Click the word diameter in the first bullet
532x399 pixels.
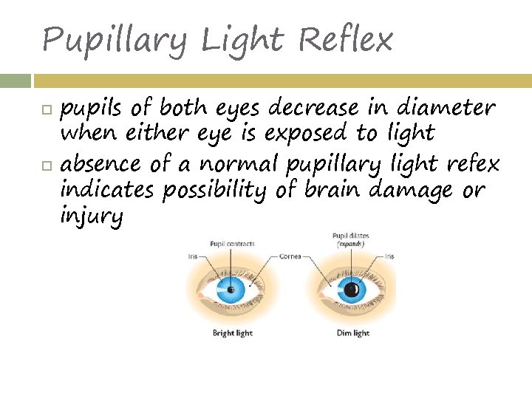(x=446, y=108)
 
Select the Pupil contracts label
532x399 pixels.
(x=232, y=244)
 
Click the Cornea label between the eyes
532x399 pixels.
(x=290, y=256)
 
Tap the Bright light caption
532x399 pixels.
(x=233, y=333)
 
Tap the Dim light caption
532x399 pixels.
(x=352, y=333)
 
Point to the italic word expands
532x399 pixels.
(x=351, y=244)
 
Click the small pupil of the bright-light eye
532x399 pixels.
(x=231, y=290)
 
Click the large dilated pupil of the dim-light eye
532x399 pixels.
(x=353, y=290)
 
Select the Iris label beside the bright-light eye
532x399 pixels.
(x=192, y=256)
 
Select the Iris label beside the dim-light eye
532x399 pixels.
(x=389, y=256)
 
